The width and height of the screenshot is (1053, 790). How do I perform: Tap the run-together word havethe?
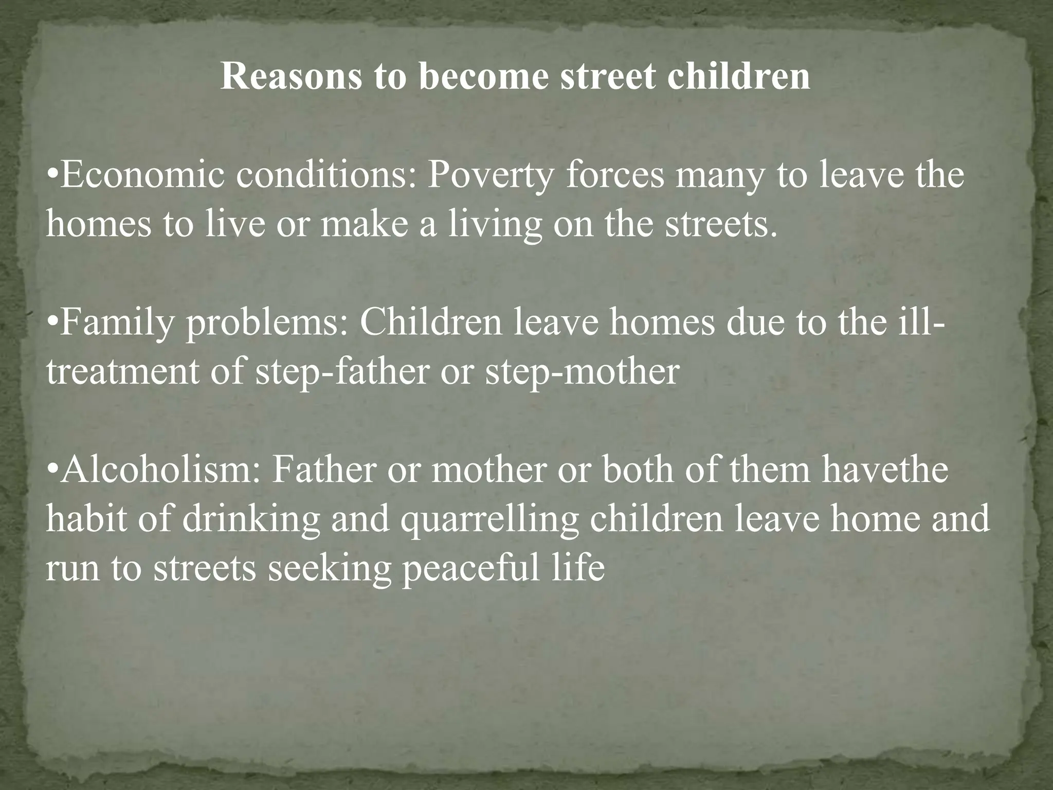884,470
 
